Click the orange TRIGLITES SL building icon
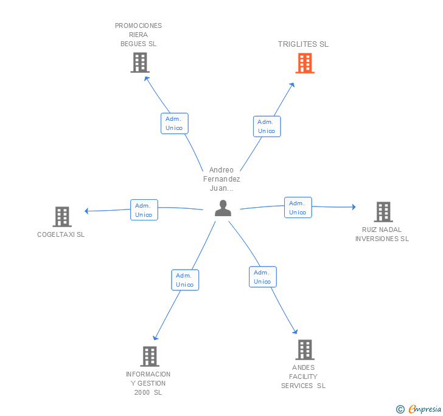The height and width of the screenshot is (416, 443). (x=305, y=63)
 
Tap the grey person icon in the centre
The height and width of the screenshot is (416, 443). (x=223, y=208)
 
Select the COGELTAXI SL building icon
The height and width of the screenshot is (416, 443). (x=62, y=217)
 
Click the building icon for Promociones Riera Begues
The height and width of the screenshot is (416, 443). (x=140, y=63)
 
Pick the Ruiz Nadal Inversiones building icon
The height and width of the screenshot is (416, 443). (x=383, y=212)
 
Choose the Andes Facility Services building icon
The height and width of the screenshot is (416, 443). (x=305, y=350)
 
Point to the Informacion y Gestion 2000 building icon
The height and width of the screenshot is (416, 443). (x=150, y=356)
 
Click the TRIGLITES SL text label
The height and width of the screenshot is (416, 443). (x=303, y=44)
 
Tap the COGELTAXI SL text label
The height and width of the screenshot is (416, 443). (x=61, y=234)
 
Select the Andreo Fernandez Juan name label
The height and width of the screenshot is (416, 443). (x=221, y=179)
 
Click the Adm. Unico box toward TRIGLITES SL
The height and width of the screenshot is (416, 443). (x=267, y=126)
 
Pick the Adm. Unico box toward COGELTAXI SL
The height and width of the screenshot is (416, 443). (x=144, y=210)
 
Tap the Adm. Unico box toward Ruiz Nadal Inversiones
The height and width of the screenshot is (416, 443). (x=298, y=207)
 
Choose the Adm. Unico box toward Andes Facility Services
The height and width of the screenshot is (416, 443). (x=263, y=277)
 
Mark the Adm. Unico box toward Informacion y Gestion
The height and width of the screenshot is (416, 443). (x=185, y=280)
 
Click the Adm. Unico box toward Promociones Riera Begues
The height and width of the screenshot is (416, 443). (x=175, y=123)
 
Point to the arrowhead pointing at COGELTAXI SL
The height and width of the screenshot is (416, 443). (x=87, y=211)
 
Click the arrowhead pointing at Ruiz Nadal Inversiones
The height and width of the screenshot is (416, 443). (x=354, y=206)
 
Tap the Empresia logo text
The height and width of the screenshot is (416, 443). (x=425, y=409)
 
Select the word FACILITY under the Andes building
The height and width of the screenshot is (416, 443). (x=303, y=377)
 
